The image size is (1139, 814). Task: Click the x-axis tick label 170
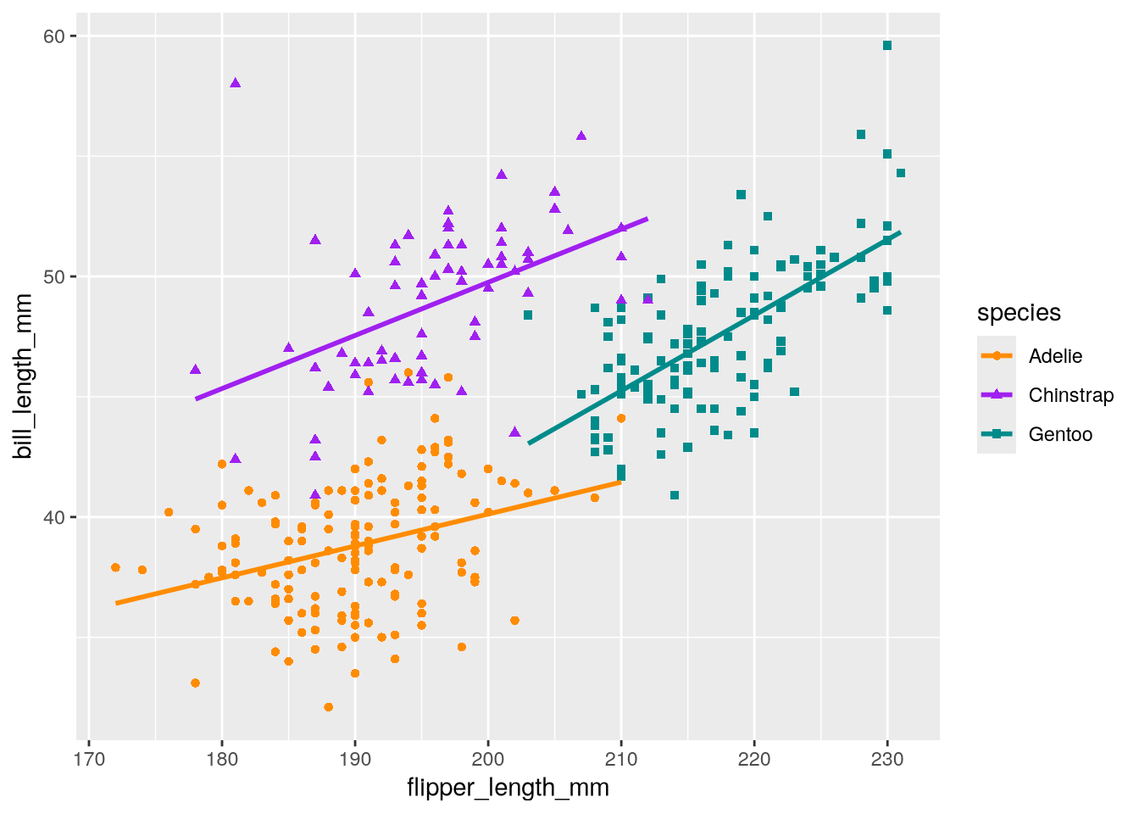pyautogui.click(x=89, y=759)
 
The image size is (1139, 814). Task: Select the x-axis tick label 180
pyautogui.click(x=222, y=759)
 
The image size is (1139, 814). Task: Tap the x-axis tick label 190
pyautogui.click(x=355, y=759)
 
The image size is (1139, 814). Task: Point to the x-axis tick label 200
pyautogui.click(x=488, y=759)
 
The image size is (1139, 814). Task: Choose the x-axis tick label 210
pyautogui.click(x=621, y=759)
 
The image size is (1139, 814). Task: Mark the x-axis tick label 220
pyautogui.click(x=754, y=759)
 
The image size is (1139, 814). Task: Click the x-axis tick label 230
pyautogui.click(x=887, y=759)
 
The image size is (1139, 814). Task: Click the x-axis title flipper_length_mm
pyautogui.click(x=508, y=788)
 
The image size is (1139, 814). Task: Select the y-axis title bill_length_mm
pyautogui.click(x=24, y=376)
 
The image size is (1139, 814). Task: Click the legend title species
pyautogui.click(x=1019, y=313)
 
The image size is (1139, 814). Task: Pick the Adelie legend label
pyautogui.click(x=1055, y=356)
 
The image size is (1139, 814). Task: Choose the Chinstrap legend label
pyautogui.click(x=1070, y=395)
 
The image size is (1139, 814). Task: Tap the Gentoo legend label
pyautogui.click(x=1060, y=434)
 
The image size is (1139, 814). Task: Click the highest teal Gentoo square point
pyautogui.click(x=887, y=46)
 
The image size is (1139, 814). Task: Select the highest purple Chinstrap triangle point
pyautogui.click(x=236, y=83)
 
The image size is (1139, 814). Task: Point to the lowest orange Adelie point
pyautogui.click(x=329, y=707)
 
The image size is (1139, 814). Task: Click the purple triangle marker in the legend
pyautogui.click(x=997, y=395)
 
